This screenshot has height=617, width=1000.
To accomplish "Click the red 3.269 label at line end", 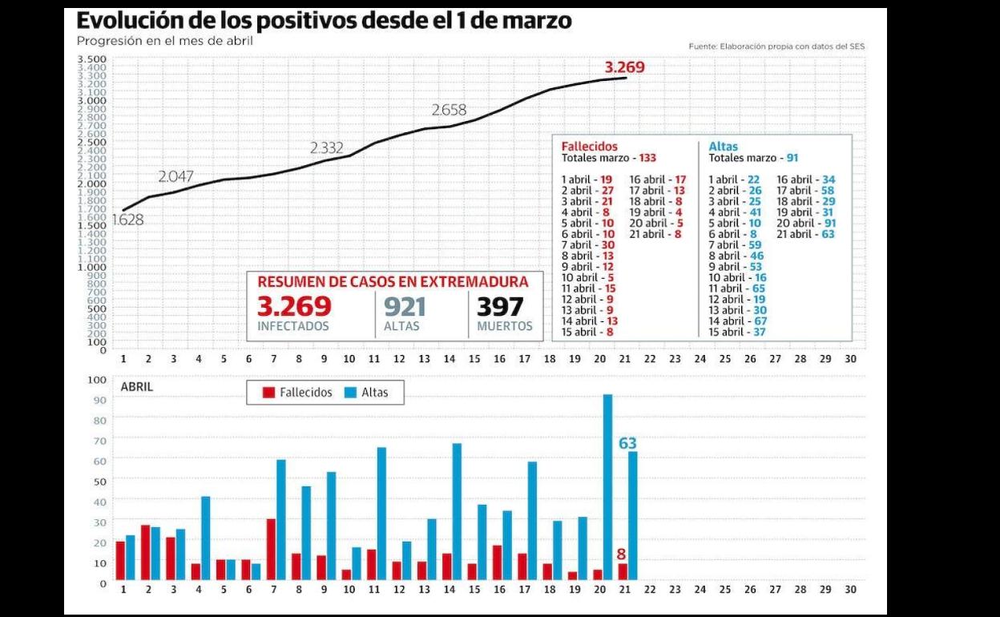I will pyautogui.click(x=624, y=67).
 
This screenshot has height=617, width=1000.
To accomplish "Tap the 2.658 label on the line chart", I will pyautogui.click(x=449, y=110).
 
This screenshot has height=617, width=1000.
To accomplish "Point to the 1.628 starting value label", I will pyautogui.click(x=127, y=220).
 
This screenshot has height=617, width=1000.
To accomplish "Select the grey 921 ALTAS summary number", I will pyautogui.click(x=405, y=307).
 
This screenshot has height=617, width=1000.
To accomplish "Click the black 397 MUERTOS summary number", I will pyautogui.click(x=500, y=307).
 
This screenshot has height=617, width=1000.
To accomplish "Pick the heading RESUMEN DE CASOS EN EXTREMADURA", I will pyautogui.click(x=393, y=282).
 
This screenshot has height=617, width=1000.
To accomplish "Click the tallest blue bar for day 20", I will pyautogui.click(x=607, y=486).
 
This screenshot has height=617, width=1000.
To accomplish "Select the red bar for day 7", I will pyautogui.click(x=271, y=549).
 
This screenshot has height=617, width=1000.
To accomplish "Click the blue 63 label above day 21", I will pyautogui.click(x=627, y=443).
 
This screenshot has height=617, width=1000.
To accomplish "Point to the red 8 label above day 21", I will pyautogui.click(x=621, y=554).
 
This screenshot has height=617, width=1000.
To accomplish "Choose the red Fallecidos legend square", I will pyautogui.click(x=269, y=393).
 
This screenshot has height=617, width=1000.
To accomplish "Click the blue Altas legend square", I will pyautogui.click(x=351, y=393).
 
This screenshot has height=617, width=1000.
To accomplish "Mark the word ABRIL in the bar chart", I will pyautogui.click(x=136, y=387).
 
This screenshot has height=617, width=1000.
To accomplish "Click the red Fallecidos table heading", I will pyautogui.click(x=589, y=147).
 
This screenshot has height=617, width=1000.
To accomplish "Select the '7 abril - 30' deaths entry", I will pyautogui.click(x=588, y=245).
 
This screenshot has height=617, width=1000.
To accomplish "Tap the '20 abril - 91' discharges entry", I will pyautogui.click(x=806, y=224).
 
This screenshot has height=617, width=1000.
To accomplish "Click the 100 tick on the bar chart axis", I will pyautogui.click(x=96, y=380).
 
